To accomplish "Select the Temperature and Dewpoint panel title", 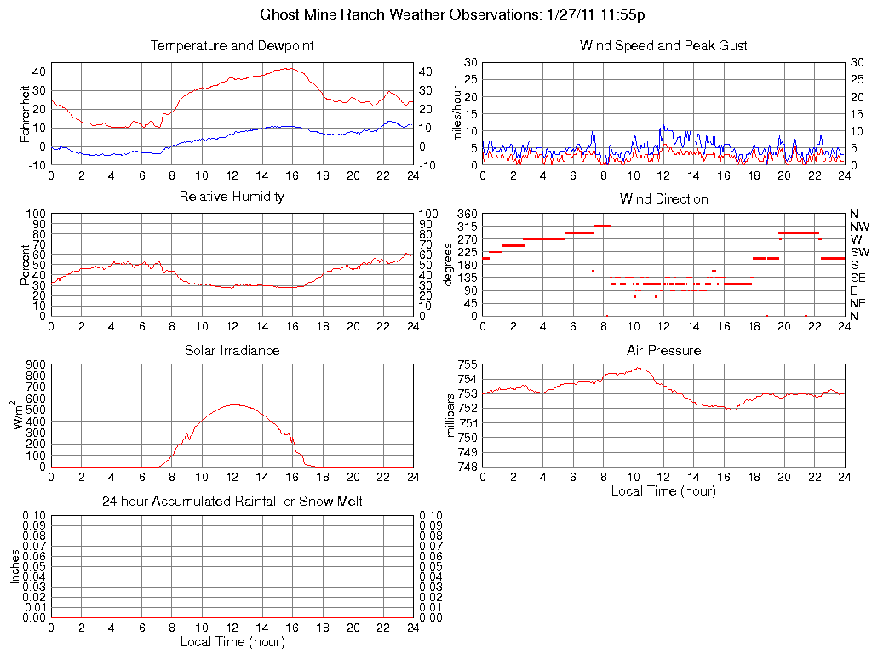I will (x=232, y=46).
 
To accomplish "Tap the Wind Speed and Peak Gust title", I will (x=663, y=46).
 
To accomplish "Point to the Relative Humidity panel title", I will (x=232, y=197).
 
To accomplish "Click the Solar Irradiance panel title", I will (x=232, y=350).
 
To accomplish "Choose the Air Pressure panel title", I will (x=663, y=350).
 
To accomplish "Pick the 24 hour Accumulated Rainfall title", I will (x=232, y=502).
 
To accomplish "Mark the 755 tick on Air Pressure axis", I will (x=467, y=364).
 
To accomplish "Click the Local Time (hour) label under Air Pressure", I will (x=663, y=490).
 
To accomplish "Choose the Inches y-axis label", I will (x=15, y=566).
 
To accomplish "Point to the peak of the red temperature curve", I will (x=290, y=68).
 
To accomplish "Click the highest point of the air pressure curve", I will (x=637, y=368).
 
